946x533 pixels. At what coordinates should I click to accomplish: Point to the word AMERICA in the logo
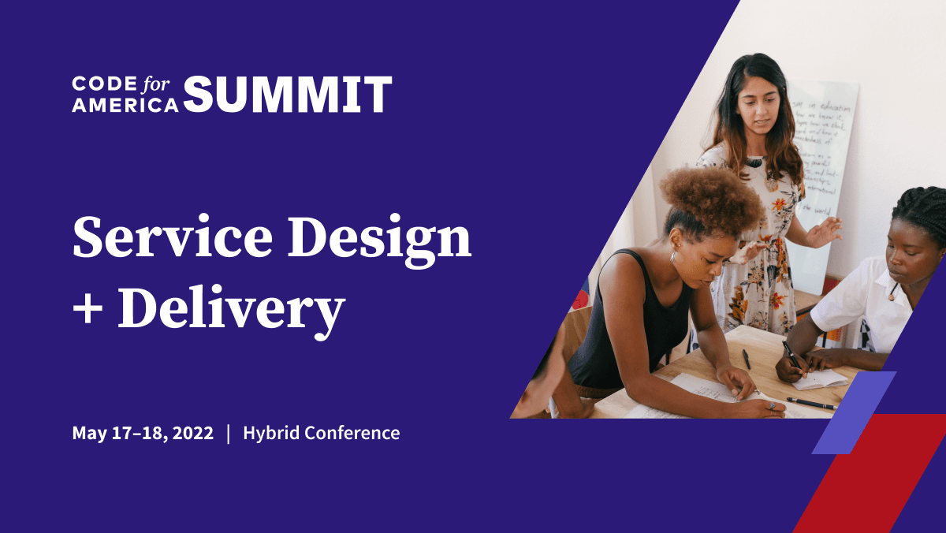(x=125, y=106)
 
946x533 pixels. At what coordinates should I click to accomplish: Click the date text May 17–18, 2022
(x=143, y=433)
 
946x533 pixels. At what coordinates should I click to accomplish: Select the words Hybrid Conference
(x=321, y=433)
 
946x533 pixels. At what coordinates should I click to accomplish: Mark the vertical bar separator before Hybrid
(x=229, y=433)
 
